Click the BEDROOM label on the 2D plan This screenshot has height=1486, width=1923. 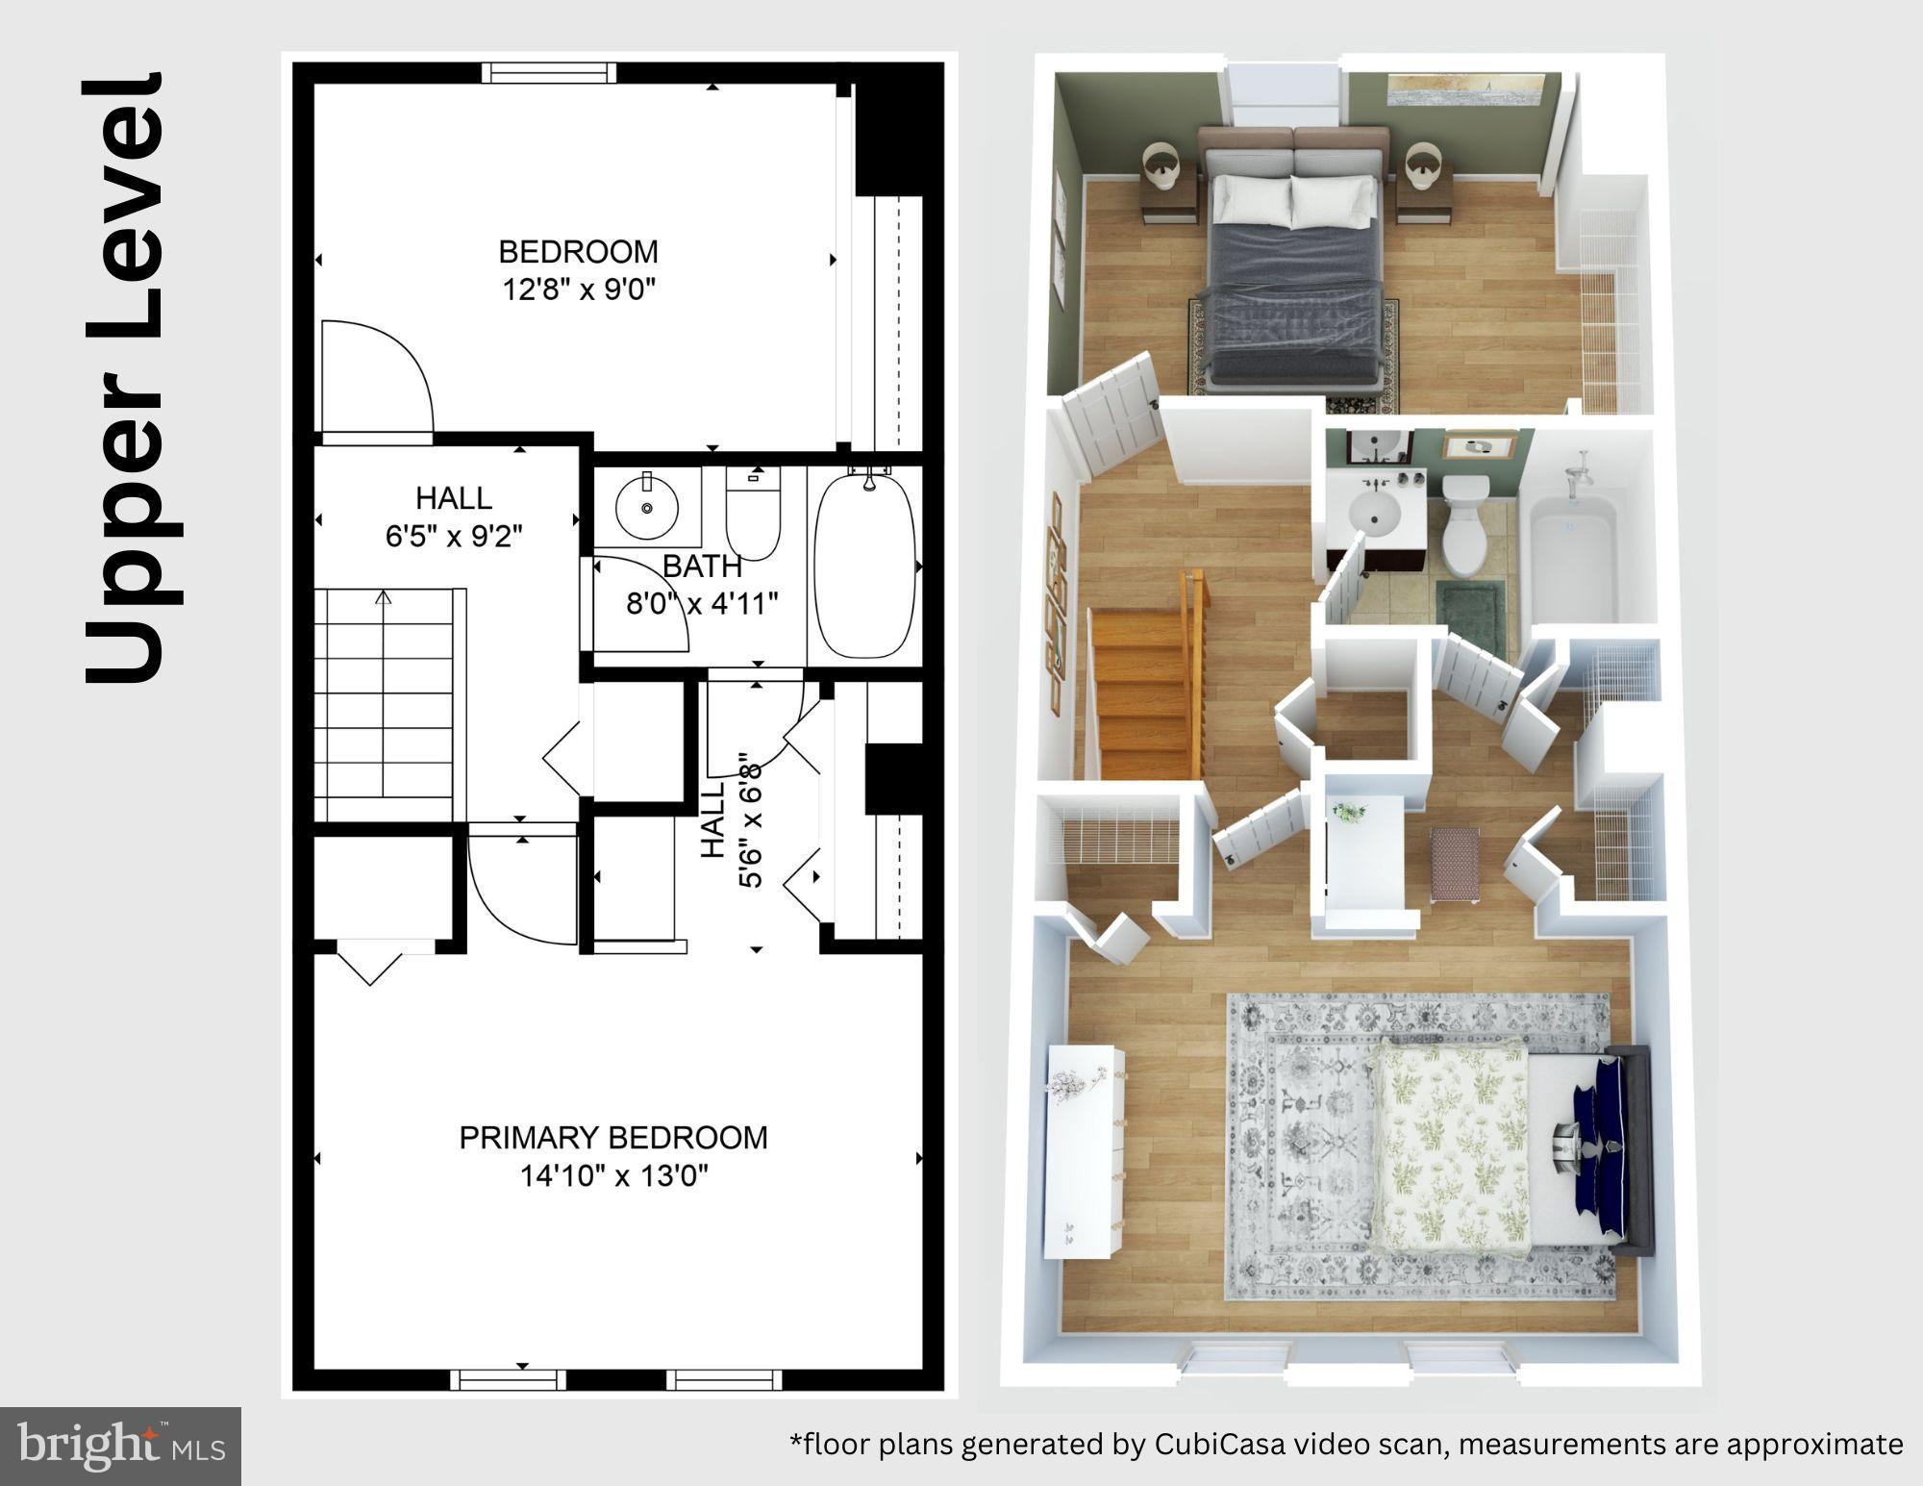tap(578, 252)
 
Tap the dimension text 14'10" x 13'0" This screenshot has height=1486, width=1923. tap(613, 1175)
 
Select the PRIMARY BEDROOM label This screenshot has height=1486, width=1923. tap(612, 1138)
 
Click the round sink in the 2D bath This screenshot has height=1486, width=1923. tap(646, 506)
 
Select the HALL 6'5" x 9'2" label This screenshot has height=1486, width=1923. tap(453, 516)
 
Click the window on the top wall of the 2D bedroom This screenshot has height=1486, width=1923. tap(547, 73)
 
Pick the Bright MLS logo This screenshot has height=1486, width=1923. tap(120, 1446)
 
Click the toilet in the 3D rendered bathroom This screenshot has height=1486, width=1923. tap(1466, 524)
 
